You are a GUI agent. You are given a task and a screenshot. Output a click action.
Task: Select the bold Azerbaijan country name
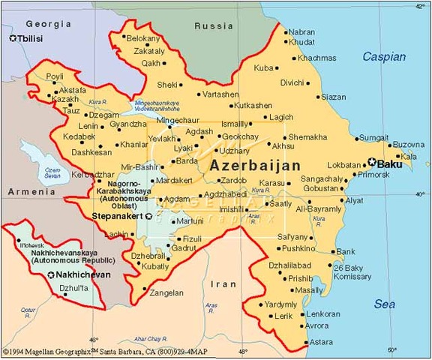255,165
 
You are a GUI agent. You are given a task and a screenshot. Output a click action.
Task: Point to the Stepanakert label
116,216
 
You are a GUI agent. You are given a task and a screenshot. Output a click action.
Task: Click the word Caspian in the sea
384,56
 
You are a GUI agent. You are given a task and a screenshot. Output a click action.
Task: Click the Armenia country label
26,192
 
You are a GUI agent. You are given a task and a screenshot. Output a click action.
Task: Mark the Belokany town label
144,37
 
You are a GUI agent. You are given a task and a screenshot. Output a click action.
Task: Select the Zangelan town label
166,292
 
